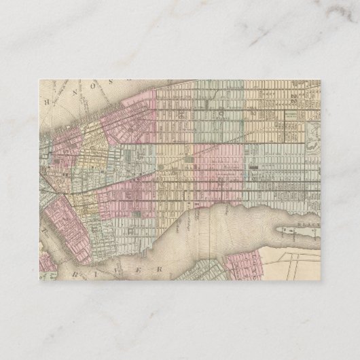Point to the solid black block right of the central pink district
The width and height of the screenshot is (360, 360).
coord(252,165)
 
